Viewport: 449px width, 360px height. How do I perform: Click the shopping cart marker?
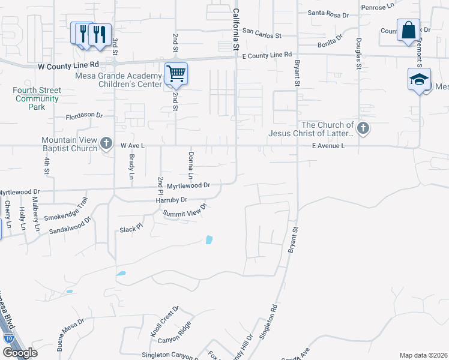coord(176,73)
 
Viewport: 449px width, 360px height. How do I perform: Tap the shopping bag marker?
coord(408,30)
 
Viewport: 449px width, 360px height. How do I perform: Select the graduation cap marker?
coord(418,79)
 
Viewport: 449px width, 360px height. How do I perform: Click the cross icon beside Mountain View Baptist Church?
coord(106,143)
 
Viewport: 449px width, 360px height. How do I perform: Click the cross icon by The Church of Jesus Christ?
coord(363,128)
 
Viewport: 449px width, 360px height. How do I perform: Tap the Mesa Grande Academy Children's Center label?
coord(118,80)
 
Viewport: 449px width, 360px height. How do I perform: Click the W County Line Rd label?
coord(68,64)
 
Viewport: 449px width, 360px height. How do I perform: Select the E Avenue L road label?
coord(328,146)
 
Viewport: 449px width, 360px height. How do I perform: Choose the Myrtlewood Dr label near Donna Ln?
coord(188,186)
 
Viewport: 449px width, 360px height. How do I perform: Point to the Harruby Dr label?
coord(172,200)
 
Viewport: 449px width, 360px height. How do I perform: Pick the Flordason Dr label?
coord(85,115)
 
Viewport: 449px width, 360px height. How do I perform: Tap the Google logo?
coord(20,353)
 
